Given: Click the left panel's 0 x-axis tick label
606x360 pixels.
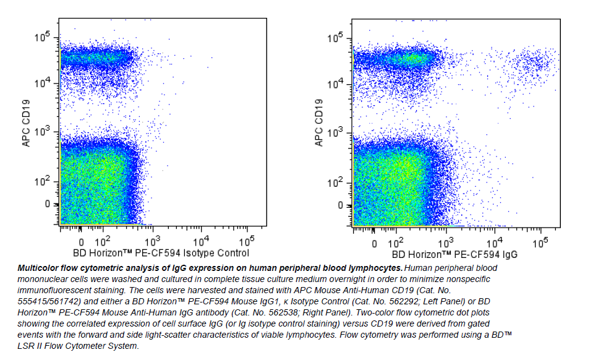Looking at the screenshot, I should pos(80,242).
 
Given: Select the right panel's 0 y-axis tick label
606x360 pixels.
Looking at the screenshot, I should pos(339,205).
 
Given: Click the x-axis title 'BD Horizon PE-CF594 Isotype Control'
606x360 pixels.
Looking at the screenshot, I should pos(161,253).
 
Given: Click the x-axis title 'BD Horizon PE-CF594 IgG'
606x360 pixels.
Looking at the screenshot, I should pos(454,254).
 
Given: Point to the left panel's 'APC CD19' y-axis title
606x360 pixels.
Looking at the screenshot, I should pos(27,124).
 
